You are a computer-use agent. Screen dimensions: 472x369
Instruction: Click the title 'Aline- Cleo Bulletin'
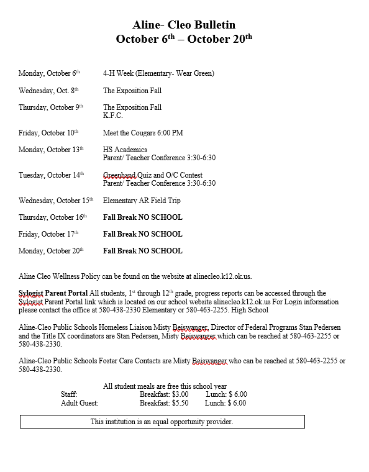184,25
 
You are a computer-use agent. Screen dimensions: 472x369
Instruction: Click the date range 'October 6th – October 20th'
184,39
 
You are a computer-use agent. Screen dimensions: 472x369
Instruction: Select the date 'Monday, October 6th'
49,73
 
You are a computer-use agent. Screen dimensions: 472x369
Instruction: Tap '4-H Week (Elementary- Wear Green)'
158,73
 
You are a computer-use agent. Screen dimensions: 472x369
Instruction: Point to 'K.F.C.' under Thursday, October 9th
113,116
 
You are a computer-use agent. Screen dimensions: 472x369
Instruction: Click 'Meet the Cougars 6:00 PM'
143,133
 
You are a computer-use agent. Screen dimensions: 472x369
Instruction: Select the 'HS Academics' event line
125,150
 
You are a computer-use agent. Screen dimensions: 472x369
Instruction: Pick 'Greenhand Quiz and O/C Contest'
153,175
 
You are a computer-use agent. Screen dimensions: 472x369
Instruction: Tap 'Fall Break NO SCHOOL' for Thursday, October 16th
143,217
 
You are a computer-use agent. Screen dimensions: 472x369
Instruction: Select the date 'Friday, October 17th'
48,234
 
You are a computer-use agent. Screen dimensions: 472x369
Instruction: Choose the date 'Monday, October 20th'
50,251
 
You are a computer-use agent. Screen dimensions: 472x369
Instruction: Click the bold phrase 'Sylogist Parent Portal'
53,293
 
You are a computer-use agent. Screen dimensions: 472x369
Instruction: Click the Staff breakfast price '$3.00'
180,394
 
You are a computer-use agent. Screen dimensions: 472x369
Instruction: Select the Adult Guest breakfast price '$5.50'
180,403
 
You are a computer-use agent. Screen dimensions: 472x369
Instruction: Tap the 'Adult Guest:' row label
80,403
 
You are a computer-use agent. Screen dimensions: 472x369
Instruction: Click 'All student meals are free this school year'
165,386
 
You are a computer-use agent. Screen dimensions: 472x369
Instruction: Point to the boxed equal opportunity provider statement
162,422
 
